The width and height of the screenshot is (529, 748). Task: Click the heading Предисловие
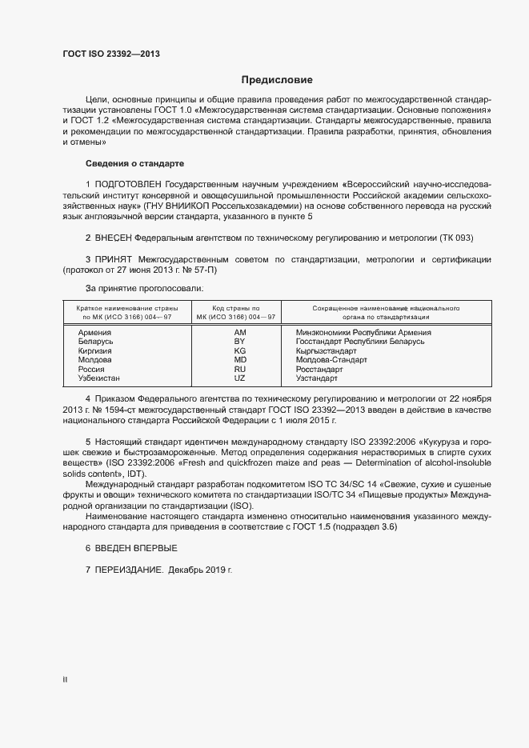tap(277, 80)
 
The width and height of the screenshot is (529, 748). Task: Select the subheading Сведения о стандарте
tap(134, 163)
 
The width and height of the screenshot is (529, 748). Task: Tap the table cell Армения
tap(94, 332)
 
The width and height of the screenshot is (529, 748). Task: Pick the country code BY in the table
tap(239, 342)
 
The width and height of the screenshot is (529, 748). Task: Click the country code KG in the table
tap(239, 351)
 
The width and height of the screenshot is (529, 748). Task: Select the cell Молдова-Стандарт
tap(331, 360)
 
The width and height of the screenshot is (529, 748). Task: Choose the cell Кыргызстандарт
tap(327, 351)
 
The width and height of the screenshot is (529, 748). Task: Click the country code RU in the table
tap(239, 370)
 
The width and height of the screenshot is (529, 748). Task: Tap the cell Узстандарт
tap(318, 378)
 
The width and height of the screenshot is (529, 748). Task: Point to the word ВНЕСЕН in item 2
tap(114, 238)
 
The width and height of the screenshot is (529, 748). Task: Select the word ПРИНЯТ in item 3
tap(114, 260)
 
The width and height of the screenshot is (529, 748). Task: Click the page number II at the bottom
tap(65, 679)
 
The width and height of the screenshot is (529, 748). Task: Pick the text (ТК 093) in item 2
tap(456, 238)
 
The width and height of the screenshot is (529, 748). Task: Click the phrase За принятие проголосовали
tap(144, 288)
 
